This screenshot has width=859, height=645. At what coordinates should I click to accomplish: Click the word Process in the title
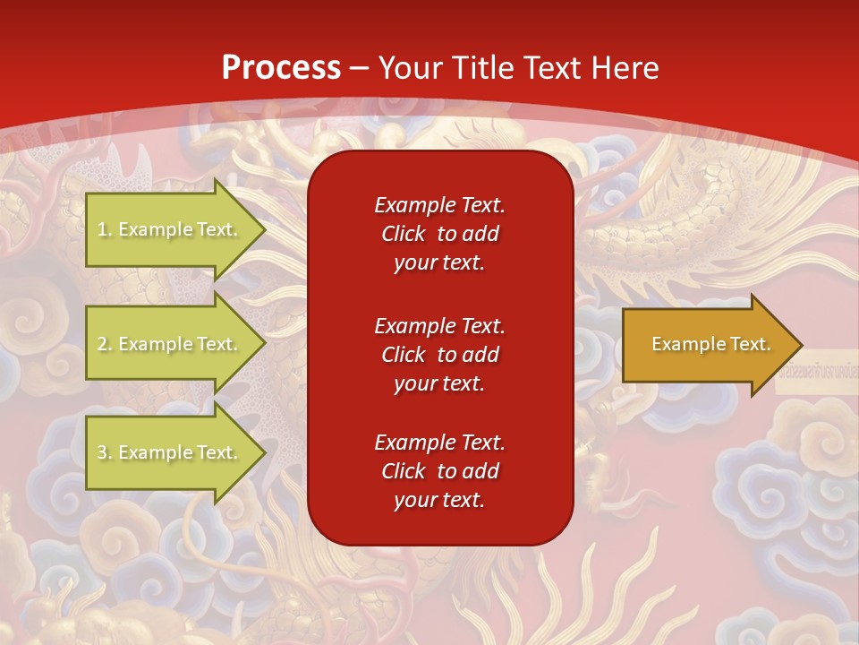[x=281, y=68]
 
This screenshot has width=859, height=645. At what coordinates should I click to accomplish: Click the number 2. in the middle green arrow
[x=105, y=344]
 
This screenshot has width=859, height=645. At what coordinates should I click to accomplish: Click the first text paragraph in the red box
[x=439, y=234]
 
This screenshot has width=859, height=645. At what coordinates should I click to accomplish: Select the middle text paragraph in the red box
[x=439, y=355]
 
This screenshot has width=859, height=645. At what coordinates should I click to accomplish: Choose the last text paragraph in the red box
[x=439, y=471]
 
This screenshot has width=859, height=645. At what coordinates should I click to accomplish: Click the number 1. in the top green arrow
[x=105, y=229]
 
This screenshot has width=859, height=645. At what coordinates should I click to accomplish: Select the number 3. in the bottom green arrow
[x=105, y=452]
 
